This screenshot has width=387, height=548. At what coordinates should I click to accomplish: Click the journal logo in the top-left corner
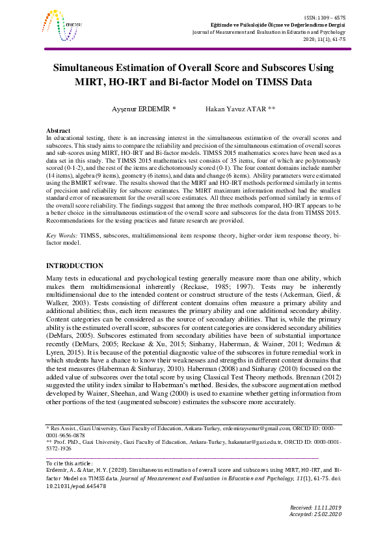pyautogui.click(x=61, y=24)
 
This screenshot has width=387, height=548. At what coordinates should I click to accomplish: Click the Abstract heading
pyautogui.click(x=60, y=131)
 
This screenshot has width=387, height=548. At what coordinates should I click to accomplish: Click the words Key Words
pyautogui.click(x=61, y=215)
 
